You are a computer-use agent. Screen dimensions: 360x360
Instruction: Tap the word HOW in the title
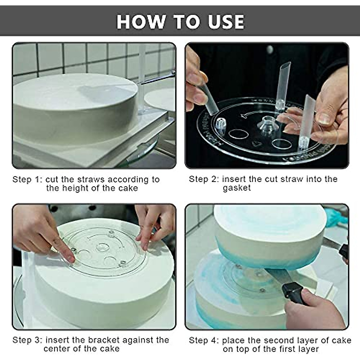141,22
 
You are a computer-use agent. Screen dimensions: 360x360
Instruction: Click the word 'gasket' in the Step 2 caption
237,188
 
